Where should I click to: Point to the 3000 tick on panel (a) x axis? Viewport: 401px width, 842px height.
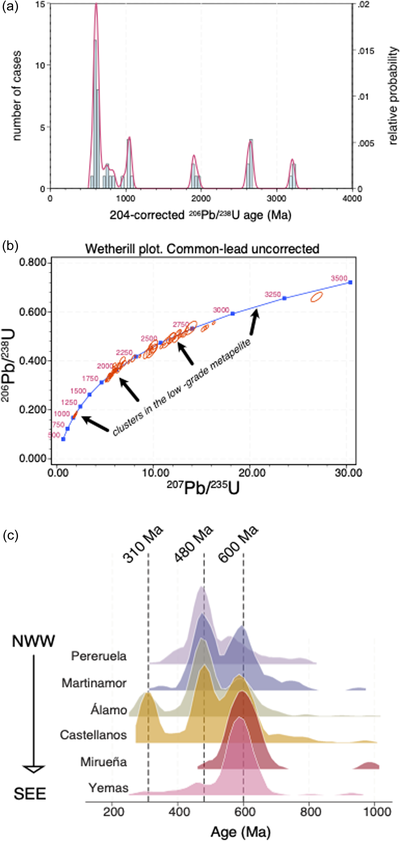tap(276, 198)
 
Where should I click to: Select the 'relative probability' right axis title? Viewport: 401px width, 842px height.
tap(393, 96)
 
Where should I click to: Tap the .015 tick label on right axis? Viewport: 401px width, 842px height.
tap(365, 51)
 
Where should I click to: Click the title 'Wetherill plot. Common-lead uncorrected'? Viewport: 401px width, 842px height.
tap(202, 249)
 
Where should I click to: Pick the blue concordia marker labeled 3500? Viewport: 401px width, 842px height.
tap(350, 282)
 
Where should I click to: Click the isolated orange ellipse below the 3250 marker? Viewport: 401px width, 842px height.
tap(316, 297)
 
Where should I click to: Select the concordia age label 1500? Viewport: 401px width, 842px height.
tap(78, 391)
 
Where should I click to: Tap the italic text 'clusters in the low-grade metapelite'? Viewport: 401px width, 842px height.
tap(182, 387)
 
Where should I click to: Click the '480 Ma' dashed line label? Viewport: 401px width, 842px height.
tap(194, 545)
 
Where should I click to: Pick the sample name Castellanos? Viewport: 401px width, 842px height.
tap(93, 735)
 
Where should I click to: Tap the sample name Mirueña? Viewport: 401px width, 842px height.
tap(103, 762)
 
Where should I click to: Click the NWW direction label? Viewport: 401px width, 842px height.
tap(33, 641)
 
